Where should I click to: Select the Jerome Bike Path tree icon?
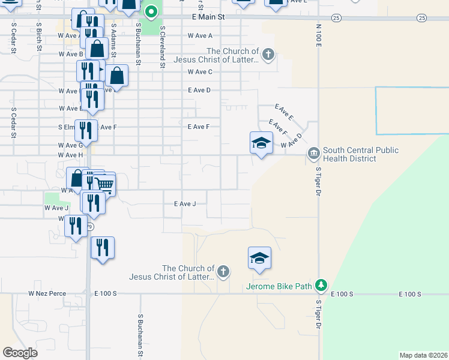click(x=322, y=286)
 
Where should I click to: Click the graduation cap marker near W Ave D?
click(x=261, y=143)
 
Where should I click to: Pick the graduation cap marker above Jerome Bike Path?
click(x=259, y=258)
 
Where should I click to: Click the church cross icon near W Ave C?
click(x=268, y=56)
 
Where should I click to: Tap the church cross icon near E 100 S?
click(x=223, y=272)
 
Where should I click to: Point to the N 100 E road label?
click(x=319, y=36)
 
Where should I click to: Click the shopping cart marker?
click(x=104, y=185)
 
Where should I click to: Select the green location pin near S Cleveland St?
click(x=151, y=11)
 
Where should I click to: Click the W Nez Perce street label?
click(x=46, y=294)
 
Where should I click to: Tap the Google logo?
click(x=20, y=352)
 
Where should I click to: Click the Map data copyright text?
click(x=423, y=355)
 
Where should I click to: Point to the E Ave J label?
click(x=184, y=204)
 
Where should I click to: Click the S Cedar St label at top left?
click(x=13, y=39)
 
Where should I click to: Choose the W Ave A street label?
click(x=200, y=35)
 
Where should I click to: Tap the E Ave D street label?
click(x=199, y=90)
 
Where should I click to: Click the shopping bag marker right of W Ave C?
click(x=117, y=76)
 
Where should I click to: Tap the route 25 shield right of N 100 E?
click(x=422, y=19)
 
